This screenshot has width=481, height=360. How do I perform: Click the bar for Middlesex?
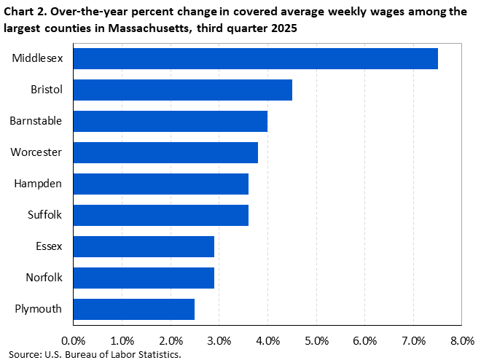click(255, 58)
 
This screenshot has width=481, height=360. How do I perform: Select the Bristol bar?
click(182, 90)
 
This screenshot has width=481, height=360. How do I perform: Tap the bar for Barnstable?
click(170, 121)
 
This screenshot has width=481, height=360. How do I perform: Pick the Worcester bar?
click(165, 152)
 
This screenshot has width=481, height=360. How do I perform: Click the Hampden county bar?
click(160, 184)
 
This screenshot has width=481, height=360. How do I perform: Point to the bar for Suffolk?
click(160, 215)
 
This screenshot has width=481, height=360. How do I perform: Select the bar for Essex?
click(144, 246)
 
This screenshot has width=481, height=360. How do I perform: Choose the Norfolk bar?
click(144, 278)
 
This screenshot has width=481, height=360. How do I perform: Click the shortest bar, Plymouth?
click(133, 309)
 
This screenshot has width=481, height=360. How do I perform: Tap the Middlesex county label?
click(36, 58)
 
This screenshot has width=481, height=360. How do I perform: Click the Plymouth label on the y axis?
click(38, 309)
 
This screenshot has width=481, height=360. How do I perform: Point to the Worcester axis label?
click(36, 152)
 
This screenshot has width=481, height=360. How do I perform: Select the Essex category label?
click(47, 246)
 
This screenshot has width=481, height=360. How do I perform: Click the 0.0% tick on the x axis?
click(74, 340)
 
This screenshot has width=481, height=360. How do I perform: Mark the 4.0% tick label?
click(267, 340)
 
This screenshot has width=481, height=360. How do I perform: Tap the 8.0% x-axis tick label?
click(462, 340)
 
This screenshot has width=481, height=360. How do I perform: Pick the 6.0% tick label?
click(364, 340)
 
